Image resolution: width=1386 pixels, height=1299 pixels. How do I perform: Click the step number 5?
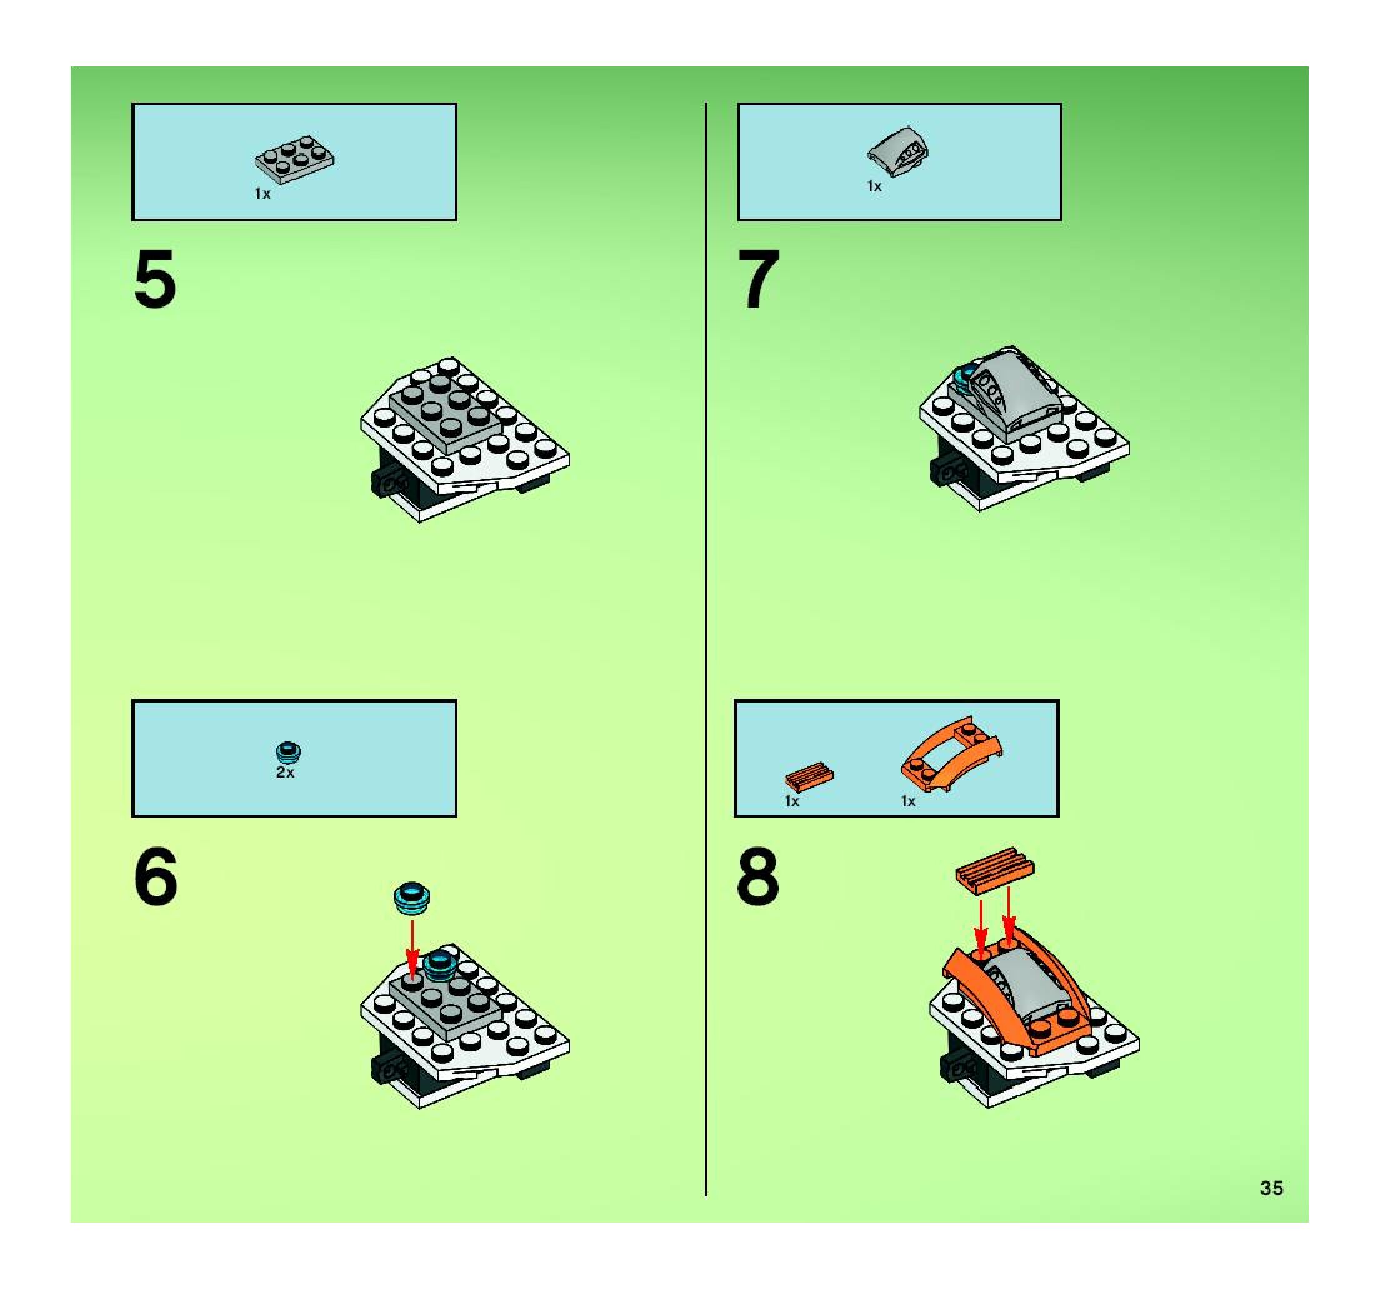(x=154, y=279)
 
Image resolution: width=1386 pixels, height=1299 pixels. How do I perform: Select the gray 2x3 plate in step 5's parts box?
(x=294, y=158)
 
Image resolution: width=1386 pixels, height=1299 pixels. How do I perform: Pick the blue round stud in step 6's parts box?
(x=289, y=750)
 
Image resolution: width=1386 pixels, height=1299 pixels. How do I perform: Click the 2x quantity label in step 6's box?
(x=285, y=773)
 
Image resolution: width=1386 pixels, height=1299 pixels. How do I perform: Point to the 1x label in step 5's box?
(x=262, y=194)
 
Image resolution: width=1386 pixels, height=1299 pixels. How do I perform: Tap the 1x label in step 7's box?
(x=874, y=186)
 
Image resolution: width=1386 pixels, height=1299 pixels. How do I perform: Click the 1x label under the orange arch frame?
(x=908, y=801)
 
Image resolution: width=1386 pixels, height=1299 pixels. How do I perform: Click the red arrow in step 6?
(x=412, y=950)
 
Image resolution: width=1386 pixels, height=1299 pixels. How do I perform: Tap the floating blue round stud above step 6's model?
(x=412, y=898)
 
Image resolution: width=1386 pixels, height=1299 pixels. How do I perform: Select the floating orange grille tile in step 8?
(x=995, y=870)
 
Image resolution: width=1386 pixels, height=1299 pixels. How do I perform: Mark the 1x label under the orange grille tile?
(x=792, y=801)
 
